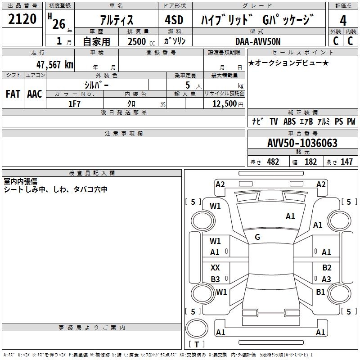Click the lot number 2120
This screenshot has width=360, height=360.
[x=22, y=19]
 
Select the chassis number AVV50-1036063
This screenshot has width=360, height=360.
[x=302, y=143]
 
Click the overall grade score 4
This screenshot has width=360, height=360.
[x=343, y=20]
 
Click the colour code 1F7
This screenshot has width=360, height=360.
[x=74, y=103]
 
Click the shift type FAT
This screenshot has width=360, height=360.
[x=13, y=94]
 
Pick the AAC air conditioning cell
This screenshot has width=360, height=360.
[x=34, y=94]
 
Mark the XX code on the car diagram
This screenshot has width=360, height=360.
[x=216, y=268]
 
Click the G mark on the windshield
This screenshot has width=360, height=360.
[x=257, y=237]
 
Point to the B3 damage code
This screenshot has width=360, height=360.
[x=216, y=279]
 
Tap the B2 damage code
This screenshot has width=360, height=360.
[x=327, y=268]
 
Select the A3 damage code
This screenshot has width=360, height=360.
[x=327, y=279]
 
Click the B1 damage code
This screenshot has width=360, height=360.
[x=320, y=292]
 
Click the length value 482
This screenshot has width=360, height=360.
[x=273, y=162]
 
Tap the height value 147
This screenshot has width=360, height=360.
[x=346, y=162]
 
